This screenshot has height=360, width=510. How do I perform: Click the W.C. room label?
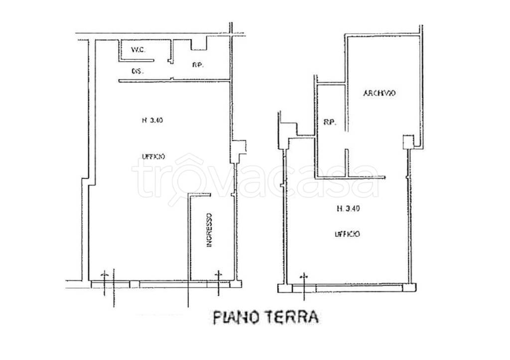tap(137, 50)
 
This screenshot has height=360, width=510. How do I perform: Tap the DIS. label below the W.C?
tap(137, 71)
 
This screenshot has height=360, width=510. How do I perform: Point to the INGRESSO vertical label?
tap(211, 231)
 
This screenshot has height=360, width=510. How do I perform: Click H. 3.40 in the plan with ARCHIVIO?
tap(348, 209)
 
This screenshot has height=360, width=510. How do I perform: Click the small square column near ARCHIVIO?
tap(408, 141)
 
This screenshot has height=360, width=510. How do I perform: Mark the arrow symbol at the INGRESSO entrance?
tap(217, 274)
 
